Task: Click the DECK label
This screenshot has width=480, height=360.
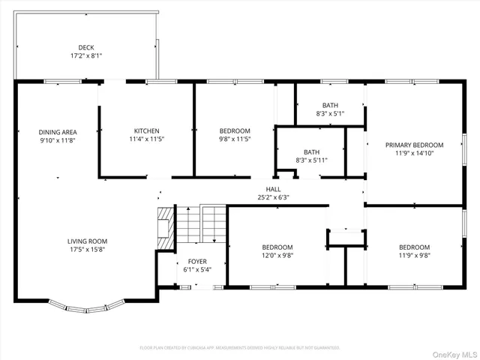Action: (x=85, y=47)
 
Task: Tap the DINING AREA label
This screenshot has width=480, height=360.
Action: (x=58, y=132)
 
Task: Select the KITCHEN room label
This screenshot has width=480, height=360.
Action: (x=147, y=130)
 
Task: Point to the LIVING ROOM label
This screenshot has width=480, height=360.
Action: (x=86, y=241)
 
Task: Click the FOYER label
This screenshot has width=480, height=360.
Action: (x=197, y=262)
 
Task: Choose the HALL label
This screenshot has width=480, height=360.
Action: (x=273, y=189)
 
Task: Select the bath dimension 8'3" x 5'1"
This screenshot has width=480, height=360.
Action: (x=331, y=114)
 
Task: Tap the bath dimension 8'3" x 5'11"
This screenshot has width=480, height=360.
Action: (x=311, y=160)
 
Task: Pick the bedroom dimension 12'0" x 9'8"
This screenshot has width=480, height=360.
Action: (x=277, y=256)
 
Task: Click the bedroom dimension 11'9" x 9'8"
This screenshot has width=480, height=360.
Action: (x=414, y=256)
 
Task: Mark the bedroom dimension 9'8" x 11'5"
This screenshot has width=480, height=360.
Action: (x=235, y=139)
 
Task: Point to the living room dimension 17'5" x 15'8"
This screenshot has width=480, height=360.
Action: (x=86, y=250)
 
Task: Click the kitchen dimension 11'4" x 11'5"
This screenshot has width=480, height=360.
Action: (x=147, y=139)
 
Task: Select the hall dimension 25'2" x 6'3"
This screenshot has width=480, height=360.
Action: (x=273, y=198)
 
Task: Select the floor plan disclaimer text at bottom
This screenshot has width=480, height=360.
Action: (x=240, y=347)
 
